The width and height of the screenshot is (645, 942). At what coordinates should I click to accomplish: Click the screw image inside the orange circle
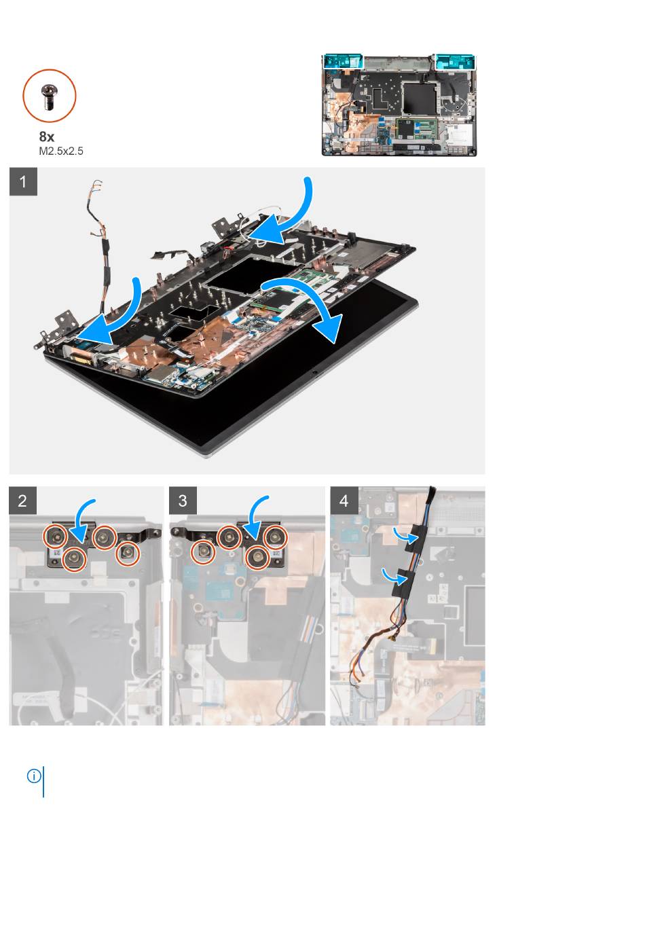[49, 96]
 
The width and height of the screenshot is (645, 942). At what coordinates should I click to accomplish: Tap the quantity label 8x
[47, 137]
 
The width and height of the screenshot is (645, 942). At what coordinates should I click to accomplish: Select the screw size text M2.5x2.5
[61, 151]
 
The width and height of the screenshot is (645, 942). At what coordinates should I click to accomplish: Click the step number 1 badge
[23, 181]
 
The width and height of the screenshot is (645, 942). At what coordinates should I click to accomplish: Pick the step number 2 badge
[22, 501]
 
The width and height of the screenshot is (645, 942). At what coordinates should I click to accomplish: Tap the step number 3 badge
[183, 501]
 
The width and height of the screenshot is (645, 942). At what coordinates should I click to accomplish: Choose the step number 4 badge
[344, 501]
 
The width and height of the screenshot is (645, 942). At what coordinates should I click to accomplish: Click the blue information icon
[34, 776]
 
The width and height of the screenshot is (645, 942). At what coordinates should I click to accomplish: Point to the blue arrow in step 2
[83, 518]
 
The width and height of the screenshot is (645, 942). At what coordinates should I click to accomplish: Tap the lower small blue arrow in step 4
[393, 575]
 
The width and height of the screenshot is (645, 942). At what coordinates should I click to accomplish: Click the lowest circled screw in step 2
[75, 559]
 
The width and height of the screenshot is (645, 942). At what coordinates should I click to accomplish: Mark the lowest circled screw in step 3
[257, 558]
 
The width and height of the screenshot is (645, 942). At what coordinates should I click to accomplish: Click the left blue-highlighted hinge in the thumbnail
[342, 61]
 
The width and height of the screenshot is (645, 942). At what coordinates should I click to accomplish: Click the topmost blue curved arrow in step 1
[295, 219]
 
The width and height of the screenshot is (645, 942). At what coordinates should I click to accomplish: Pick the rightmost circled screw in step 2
[128, 554]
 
